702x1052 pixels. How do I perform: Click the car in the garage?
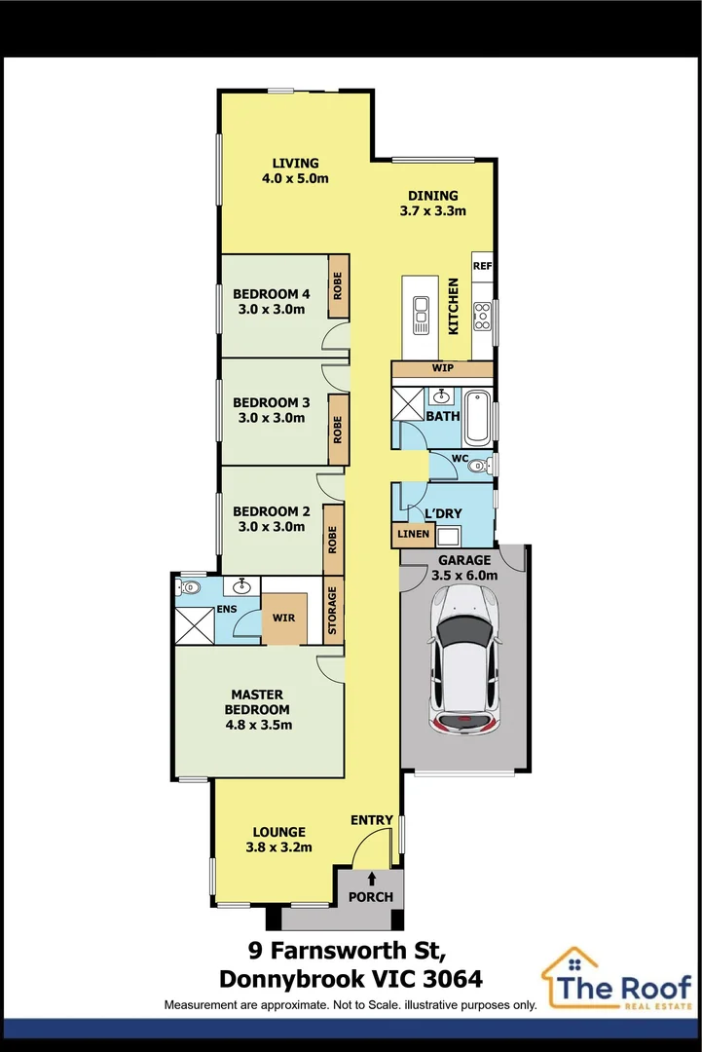coord(464,659)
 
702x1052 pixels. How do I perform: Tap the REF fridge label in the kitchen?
coord(482,266)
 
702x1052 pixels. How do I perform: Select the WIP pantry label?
coord(442,367)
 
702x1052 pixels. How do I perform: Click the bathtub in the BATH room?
coord(478,417)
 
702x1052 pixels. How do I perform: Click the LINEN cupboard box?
coord(413,534)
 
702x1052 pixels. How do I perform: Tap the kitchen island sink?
coord(421,314)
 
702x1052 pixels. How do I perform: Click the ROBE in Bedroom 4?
coord(338,285)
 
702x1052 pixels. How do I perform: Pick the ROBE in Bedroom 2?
coord(333,540)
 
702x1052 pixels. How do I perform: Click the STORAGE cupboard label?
coord(333,610)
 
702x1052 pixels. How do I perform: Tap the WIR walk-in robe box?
coord(283,618)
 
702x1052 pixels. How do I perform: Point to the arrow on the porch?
coord(372,879)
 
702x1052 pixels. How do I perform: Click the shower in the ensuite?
coord(195,625)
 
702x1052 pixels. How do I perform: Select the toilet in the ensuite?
coord(189,587)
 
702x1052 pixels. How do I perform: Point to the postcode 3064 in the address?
coord(453,980)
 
